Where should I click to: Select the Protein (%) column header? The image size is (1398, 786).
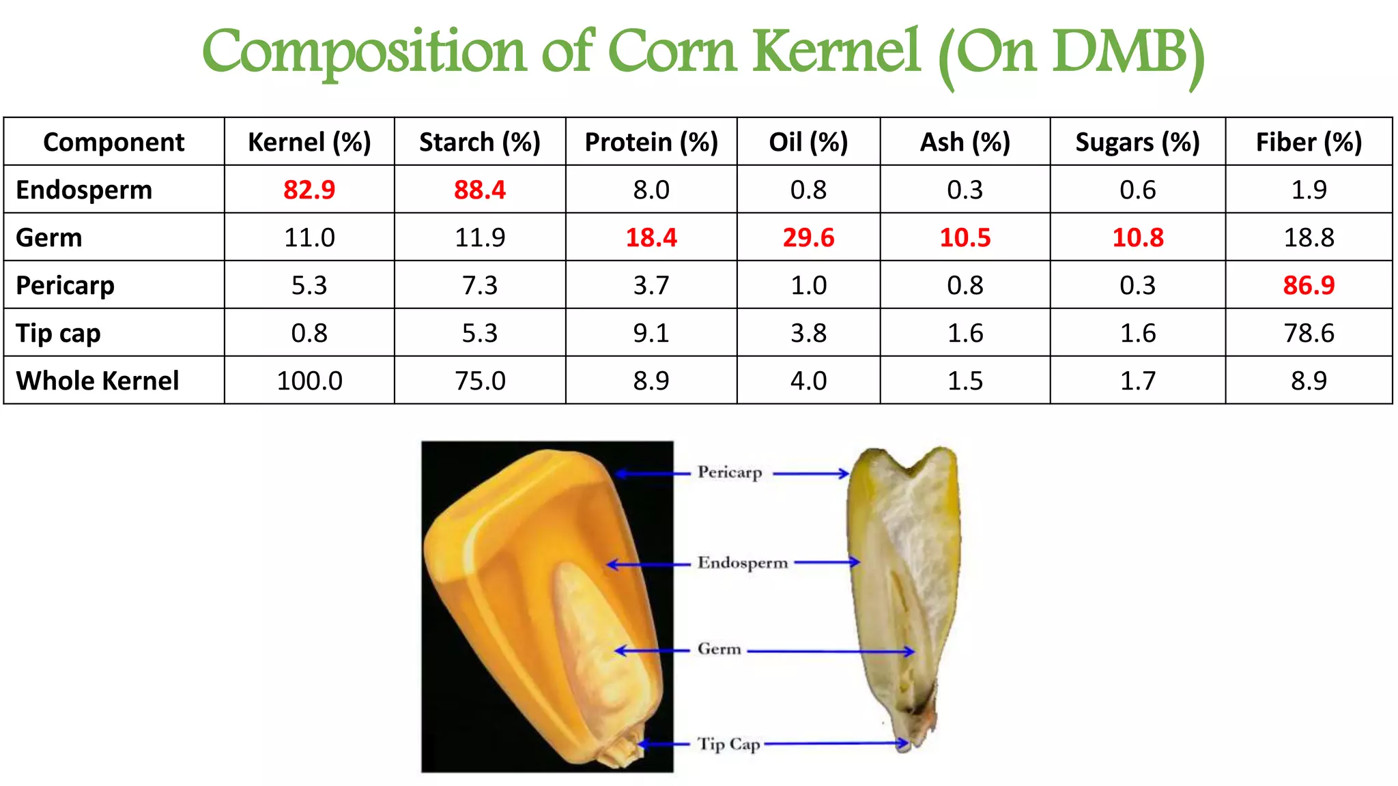(x=651, y=142)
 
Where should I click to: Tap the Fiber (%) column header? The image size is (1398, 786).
(x=1309, y=142)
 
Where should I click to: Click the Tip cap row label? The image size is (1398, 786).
(x=59, y=333)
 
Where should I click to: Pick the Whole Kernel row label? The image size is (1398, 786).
(x=98, y=381)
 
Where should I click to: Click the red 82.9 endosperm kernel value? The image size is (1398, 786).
(x=309, y=190)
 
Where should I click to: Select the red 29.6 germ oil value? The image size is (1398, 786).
(x=808, y=237)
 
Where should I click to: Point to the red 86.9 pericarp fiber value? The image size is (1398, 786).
(x=1309, y=285)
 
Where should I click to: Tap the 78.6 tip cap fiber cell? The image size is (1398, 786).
(x=1309, y=333)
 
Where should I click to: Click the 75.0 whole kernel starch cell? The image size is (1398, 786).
(x=480, y=381)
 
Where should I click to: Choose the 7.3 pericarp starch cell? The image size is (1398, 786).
(x=480, y=285)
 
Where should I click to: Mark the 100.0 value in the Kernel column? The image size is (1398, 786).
(x=309, y=381)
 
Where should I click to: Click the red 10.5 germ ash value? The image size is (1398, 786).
(x=965, y=237)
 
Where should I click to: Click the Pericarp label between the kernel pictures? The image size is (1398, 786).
(x=729, y=472)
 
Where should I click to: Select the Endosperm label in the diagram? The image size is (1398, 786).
(x=742, y=563)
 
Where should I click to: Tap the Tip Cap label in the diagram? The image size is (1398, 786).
(x=728, y=744)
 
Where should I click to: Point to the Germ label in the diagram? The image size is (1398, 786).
(x=719, y=649)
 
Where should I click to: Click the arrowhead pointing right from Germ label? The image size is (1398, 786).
(x=909, y=652)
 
